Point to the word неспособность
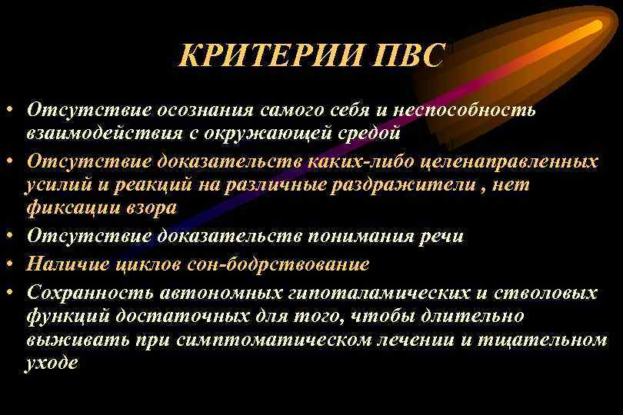[468, 110]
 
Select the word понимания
[358, 235]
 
